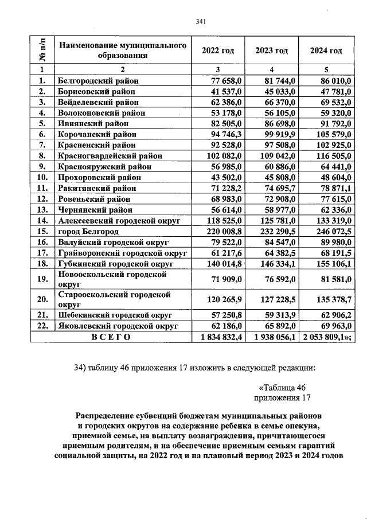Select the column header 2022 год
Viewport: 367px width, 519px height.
point(218,50)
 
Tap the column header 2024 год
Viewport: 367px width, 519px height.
point(326,50)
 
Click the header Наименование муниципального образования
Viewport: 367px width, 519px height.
point(123,50)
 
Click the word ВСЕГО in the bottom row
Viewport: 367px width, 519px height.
point(111,337)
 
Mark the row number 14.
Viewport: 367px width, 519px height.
point(42,220)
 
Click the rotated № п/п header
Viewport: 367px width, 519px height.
point(42,50)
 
